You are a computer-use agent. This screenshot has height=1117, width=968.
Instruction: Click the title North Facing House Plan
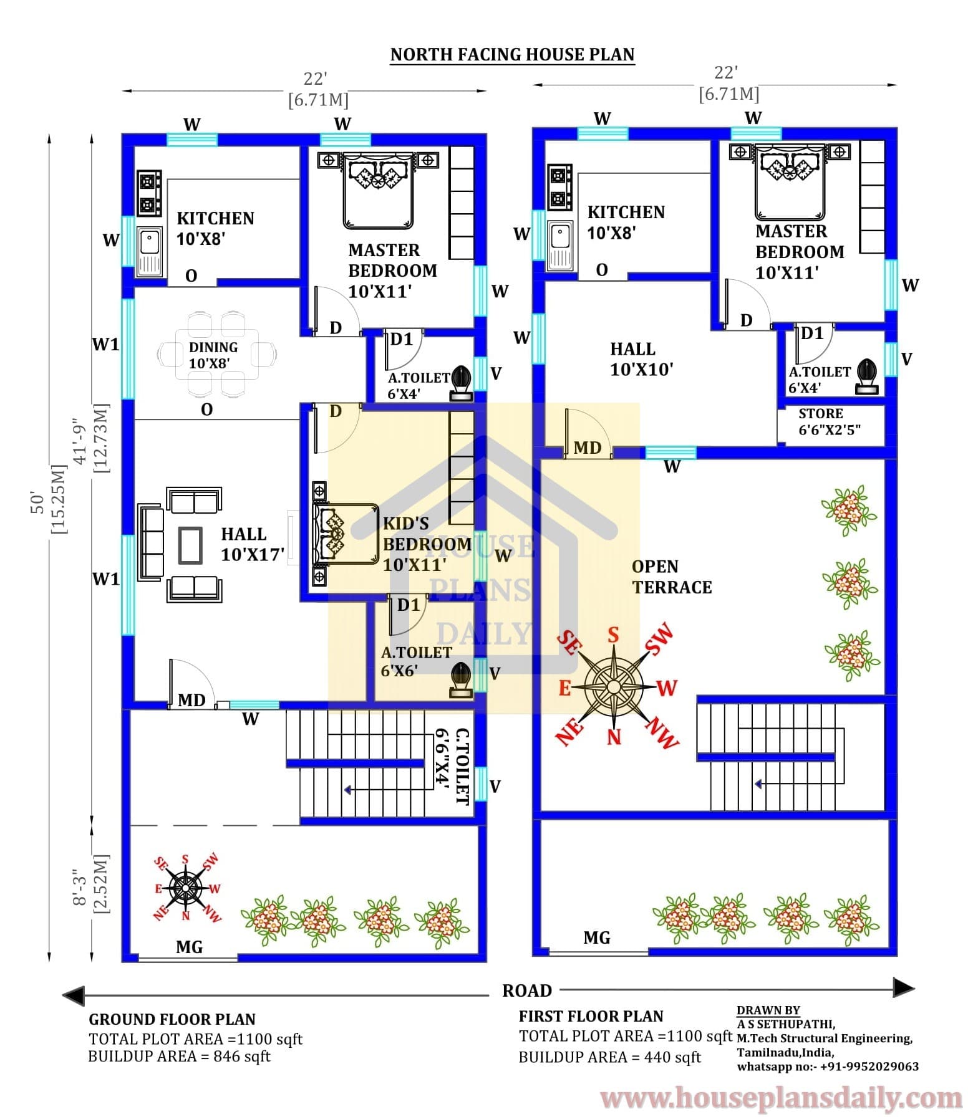click(x=512, y=55)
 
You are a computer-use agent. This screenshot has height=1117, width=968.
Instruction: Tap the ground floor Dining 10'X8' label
click(x=213, y=355)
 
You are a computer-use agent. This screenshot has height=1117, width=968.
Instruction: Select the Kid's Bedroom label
click(x=427, y=544)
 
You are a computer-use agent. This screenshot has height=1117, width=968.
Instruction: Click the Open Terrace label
click(x=672, y=577)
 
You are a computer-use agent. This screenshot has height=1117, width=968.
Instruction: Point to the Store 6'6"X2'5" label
click(x=830, y=422)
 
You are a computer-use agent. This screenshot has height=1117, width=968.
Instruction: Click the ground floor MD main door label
click(x=191, y=700)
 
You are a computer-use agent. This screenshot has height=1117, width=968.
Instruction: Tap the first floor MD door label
click(x=587, y=448)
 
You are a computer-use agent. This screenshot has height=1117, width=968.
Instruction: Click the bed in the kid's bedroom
click(x=346, y=534)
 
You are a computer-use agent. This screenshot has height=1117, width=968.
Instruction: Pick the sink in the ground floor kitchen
click(x=150, y=251)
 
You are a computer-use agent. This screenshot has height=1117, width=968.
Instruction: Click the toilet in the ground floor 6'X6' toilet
click(x=460, y=680)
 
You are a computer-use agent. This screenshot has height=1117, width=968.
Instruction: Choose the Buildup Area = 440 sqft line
click(x=609, y=1057)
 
